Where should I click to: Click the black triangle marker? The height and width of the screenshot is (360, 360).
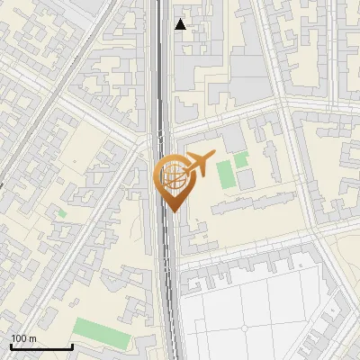(181, 24)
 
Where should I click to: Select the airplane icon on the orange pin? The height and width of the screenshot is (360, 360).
(197, 164)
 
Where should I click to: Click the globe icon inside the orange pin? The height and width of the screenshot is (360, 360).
(172, 177)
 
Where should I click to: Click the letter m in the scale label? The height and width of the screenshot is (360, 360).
(32, 338)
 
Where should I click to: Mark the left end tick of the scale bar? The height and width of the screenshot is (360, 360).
(10, 346)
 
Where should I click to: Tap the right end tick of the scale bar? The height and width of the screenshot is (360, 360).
(72, 346)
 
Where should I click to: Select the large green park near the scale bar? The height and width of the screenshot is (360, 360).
(101, 331)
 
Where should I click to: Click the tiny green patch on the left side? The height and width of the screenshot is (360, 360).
(62, 213)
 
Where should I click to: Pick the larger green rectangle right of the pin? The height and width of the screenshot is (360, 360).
(225, 174)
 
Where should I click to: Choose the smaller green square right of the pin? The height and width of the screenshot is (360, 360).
(241, 160)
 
